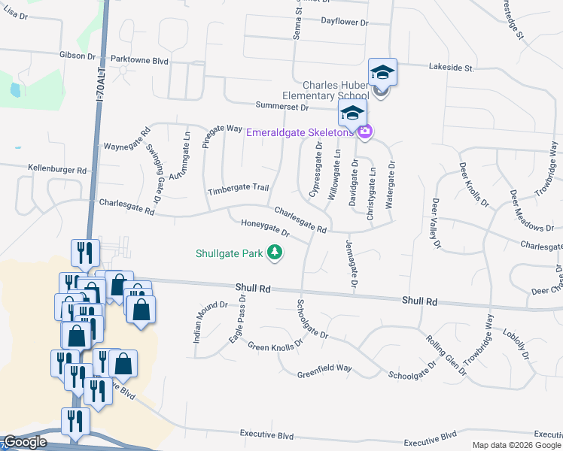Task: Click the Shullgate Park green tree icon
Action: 276,253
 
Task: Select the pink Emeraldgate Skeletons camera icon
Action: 365,132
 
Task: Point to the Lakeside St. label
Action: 451,68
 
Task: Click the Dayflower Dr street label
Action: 344,23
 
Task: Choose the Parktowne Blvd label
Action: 139,59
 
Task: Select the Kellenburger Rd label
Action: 57,170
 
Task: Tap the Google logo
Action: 25,442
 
